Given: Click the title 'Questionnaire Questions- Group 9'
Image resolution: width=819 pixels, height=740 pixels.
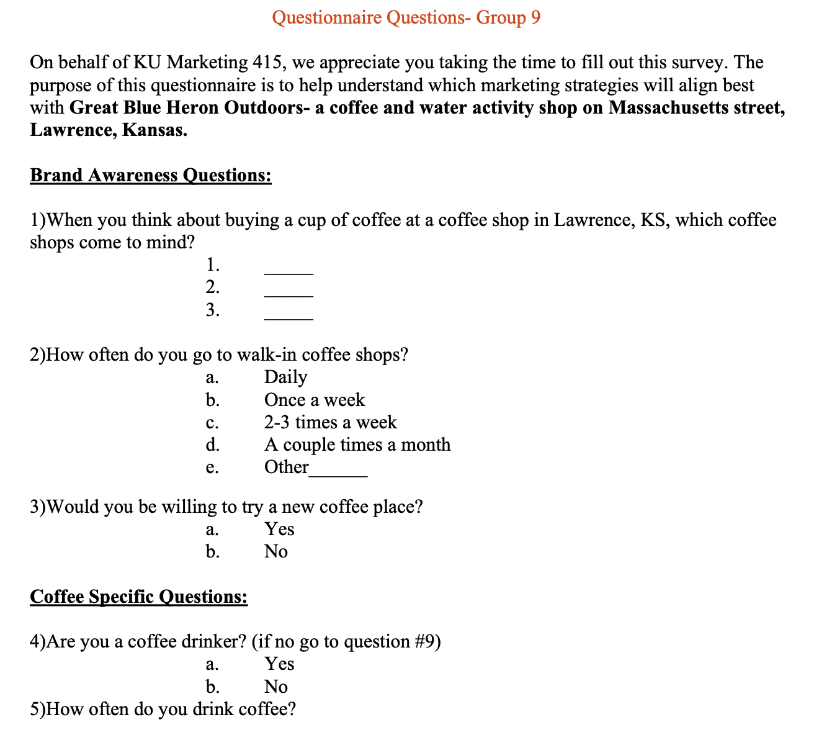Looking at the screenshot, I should (x=406, y=17).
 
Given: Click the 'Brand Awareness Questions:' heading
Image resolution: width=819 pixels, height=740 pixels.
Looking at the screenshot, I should (x=151, y=175).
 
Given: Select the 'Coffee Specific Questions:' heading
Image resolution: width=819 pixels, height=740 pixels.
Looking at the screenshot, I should (x=139, y=597).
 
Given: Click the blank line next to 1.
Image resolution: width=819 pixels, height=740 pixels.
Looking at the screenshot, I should (x=289, y=272).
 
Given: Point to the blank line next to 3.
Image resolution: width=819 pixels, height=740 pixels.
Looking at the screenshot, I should (x=289, y=317).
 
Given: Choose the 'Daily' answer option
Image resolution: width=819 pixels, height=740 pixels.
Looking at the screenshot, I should (x=285, y=377).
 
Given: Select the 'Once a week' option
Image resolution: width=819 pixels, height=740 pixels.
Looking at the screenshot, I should (x=315, y=400).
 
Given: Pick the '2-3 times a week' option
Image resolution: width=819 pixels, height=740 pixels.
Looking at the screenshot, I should (x=330, y=422).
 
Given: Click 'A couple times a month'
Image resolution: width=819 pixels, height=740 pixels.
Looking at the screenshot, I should (x=357, y=444).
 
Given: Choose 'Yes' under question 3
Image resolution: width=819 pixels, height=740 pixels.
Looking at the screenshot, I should (x=279, y=529).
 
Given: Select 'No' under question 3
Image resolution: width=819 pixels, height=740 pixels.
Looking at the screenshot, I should (x=275, y=551).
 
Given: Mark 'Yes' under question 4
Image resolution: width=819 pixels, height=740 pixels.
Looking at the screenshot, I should (x=279, y=664).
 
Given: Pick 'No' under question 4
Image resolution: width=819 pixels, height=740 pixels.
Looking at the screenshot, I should (x=275, y=687).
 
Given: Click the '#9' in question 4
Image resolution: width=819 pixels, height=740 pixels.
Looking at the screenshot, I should (x=424, y=641).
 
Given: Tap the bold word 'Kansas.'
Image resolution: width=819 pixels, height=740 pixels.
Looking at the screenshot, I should (x=154, y=130).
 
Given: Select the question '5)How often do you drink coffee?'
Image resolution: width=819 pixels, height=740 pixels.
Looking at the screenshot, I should (x=163, y=709).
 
